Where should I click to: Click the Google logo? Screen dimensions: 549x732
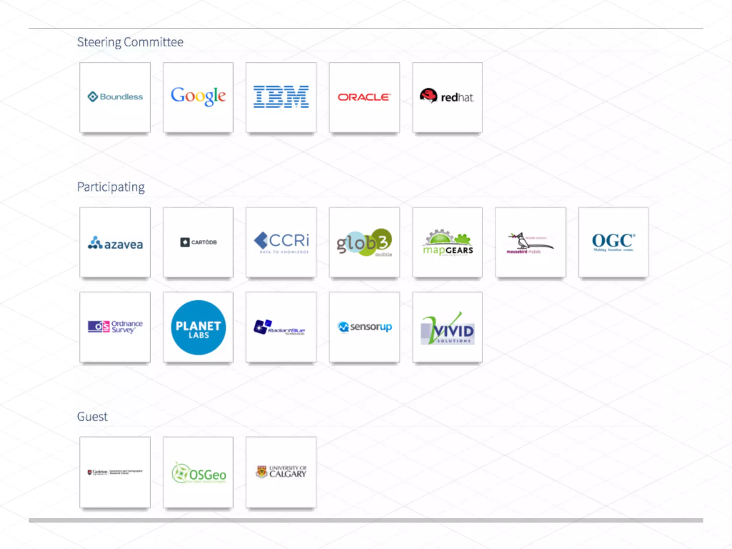point(198,96)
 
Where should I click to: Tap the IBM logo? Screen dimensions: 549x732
point(281,97)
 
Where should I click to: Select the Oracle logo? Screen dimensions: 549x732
point(364,97)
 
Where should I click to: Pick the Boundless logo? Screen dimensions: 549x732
point(115,97)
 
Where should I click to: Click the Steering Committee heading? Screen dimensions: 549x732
point(130,42)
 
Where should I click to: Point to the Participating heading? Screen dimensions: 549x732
point(111,187)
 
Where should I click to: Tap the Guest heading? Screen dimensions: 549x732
point(92,416)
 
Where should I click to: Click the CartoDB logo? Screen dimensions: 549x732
point(198,242)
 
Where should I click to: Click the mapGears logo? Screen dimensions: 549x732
point(448,243)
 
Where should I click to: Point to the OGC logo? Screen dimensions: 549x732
point(613,242)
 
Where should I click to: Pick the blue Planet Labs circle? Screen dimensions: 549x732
point(198,327)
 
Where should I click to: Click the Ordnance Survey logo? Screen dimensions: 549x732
point(115,327)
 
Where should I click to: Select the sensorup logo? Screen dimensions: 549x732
point(365,327)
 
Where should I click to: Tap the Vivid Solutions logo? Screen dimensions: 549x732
point(447,329)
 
